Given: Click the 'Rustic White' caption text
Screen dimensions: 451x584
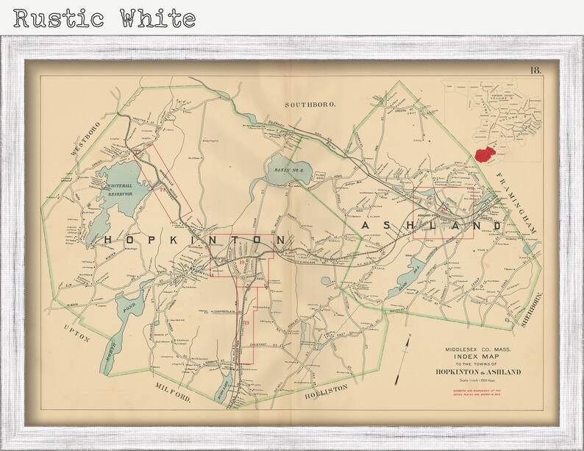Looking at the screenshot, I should pyautogui.click(x=104, y=18).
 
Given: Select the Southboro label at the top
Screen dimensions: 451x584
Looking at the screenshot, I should pyautogui.click(x=310, y=105).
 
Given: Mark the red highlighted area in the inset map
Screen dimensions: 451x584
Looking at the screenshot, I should pyautogui.click(x=484, y=153).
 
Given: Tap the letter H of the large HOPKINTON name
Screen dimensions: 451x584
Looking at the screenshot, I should pyautogui.click(x=108, y=240).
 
